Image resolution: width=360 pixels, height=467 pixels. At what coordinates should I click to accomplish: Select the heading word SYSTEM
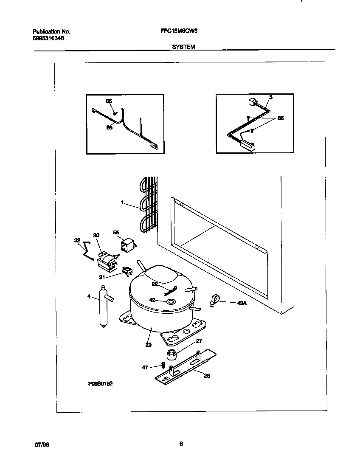pyautogui.click(x=183, y=47)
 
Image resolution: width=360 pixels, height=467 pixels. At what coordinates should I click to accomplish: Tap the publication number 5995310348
pyautogui.click(x=49, y=38)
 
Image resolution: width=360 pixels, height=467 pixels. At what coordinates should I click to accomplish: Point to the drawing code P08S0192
pyautogui.click(x=101, y=383)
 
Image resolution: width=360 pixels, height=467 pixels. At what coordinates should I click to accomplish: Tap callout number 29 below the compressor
pyautogui.click(x=148, y=345)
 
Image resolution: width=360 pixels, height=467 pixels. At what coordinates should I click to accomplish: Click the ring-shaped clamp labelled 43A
pyautogui.click(x=215, y=300)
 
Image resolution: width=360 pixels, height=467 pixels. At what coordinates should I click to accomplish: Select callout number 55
pyautogui.click(x=116, y=232)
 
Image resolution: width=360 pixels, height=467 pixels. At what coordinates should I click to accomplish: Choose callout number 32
pyautogui.click(x=77, y=240)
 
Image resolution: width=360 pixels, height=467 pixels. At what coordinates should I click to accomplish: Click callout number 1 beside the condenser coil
pyautogui.click(x=121, y=203)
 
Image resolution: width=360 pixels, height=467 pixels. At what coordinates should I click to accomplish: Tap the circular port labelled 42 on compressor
pyautogui.click(x=170, y=302)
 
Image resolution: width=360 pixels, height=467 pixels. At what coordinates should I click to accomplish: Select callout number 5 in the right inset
pyautogui.click(x=271, y=97)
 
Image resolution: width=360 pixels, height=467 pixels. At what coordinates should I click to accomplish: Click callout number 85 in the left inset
pyautogui.click(x=109, y=127)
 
